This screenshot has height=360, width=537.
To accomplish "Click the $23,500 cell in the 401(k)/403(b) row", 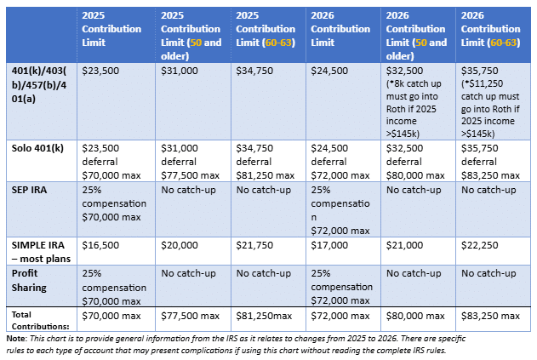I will coord(100,71).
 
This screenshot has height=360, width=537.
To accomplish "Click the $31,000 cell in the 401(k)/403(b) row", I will coord(179,71).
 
